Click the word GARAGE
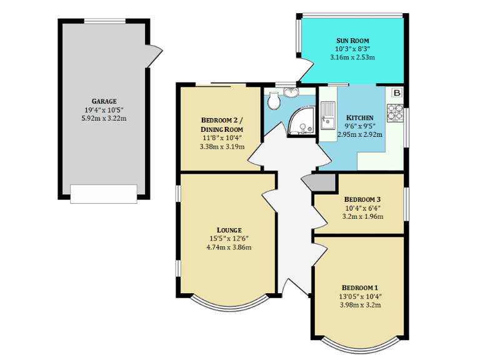click(x=104, y=101)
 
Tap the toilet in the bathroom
click(x=274, y=101)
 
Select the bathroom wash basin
click(x=292, y=92)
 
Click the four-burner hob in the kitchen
click(x=396, y=111)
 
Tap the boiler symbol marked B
click(x=397, y=93)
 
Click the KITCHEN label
click(x=360, y=117)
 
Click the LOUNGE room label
click(x=226, y=229)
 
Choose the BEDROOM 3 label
click(x=362, y=199)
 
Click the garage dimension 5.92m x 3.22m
click(x=104, y=118)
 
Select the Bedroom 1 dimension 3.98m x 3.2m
click(x=360, y=305)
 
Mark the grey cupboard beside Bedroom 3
click(x=321, y=182)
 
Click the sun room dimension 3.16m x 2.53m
click(x=353, y=57)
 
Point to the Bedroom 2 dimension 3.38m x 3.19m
click(x=222, y=147)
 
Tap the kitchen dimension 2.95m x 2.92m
click(x=360, y=134)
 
